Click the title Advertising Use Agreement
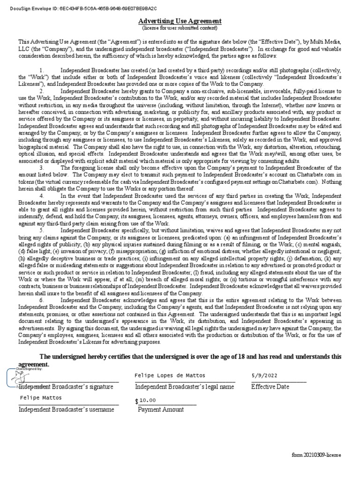(180, 21)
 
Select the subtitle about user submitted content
(180, 28)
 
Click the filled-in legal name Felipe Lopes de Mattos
(170, 375)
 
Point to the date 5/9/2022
(265, 375)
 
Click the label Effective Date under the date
(270, 387)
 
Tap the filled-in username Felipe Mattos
(41, 397)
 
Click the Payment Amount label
(161, 409)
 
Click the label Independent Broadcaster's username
(66, 409)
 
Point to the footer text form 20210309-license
(316, 455)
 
